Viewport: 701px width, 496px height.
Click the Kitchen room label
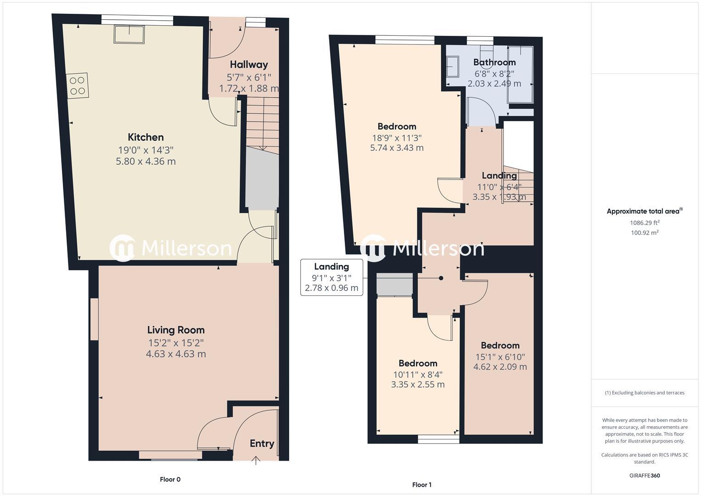point(146,137)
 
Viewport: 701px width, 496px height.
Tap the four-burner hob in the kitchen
point(78,86)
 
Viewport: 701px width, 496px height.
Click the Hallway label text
point(249,65)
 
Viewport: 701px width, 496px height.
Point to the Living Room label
point(176,330)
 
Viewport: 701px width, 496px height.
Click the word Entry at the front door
point(262,444)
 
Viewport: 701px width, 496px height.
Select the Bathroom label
point(494,62)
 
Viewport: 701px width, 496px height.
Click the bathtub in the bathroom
point(520,74)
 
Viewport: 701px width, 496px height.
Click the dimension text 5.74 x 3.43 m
point(397,148)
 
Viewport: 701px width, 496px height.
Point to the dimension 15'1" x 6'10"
point(500,357)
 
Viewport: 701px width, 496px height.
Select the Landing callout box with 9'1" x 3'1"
point(331,277)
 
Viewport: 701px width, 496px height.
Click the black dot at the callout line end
point(441,278)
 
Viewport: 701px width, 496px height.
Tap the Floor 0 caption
point(170,479)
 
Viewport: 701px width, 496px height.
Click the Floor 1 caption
point(421,485)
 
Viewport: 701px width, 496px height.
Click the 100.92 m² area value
point(645,233)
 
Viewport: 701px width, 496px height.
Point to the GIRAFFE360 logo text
point(645,476)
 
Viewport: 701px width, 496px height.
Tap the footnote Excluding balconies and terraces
point(645,393)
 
